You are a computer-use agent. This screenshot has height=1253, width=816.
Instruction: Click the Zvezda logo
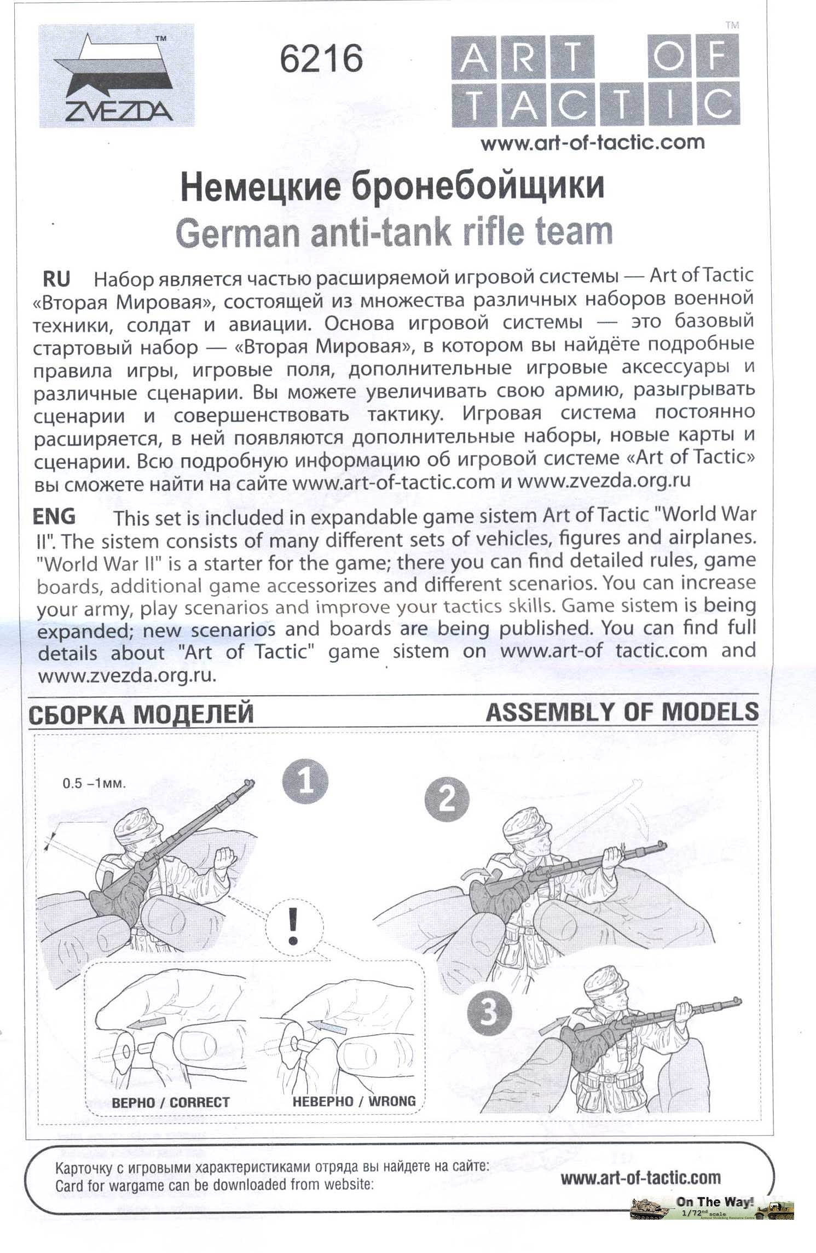click(x=117, y=77)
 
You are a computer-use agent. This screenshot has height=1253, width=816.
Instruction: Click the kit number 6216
click(x=321, y=59)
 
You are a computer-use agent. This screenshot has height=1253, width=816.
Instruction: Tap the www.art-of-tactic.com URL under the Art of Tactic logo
click(x=593, y=143)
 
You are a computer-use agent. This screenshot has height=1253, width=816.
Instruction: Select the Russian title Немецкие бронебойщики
click(x=392, y=187)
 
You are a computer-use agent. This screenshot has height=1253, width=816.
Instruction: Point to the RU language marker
click(x=56, y=279)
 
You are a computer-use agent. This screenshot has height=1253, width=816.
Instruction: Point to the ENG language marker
click(x=54, y=516)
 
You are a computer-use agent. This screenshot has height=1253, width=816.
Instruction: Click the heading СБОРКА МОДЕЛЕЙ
click(x=141, y=714)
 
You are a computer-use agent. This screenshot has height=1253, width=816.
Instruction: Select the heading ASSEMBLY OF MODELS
click(x=622, y=712)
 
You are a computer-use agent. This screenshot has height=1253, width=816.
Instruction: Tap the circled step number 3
click(x=489, y=1011)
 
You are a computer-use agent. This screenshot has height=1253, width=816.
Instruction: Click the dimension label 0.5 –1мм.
click(x=94, y=783)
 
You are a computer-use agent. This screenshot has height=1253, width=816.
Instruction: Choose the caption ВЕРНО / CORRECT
click(x=170, y=1102)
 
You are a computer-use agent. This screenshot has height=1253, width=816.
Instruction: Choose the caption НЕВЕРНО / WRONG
click(x=354, y=1101)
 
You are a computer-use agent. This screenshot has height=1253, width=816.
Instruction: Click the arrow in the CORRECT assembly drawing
click(x=149, y=1022)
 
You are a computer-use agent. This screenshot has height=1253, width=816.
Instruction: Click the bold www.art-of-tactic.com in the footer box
click(x=640, y=1177)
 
